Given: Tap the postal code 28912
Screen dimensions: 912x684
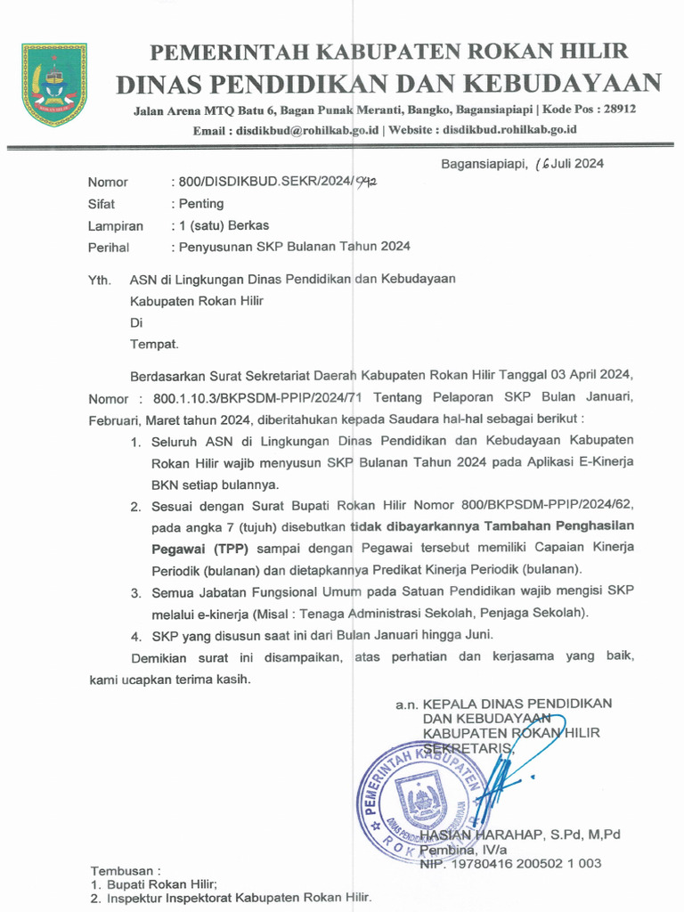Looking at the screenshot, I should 616,110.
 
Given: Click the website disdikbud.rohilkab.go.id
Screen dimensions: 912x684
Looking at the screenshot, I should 509,130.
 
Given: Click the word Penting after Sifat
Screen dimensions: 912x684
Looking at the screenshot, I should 200,204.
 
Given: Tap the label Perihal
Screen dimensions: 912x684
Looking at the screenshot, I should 108,248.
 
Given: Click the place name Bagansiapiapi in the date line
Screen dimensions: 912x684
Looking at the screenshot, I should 482,163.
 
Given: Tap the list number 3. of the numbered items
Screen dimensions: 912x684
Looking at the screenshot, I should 136,592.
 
